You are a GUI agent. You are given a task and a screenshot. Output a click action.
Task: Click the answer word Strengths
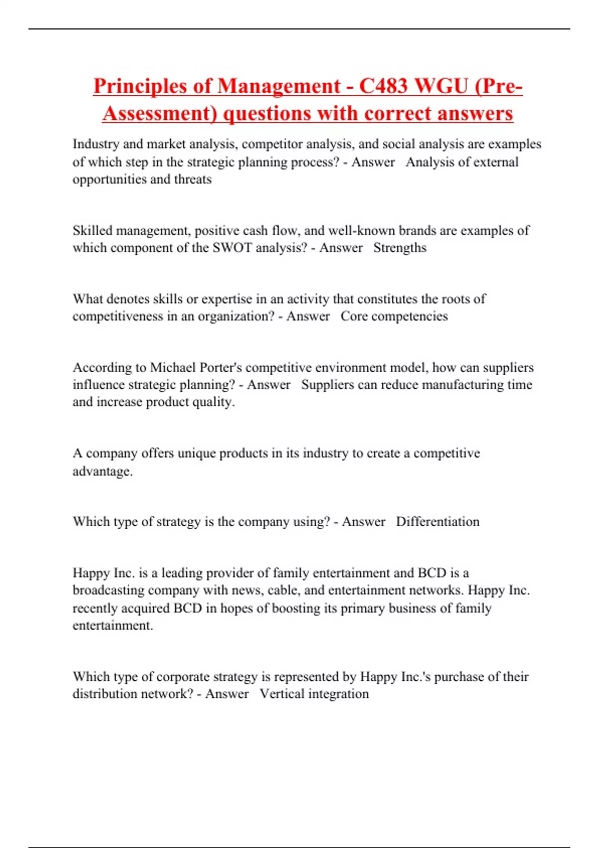point(400,248)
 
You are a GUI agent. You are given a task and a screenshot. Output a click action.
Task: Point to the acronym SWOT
point(232,248)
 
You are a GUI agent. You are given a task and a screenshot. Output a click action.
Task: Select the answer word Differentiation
point(438,522)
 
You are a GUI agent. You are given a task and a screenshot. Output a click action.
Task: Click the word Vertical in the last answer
point(282,694)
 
